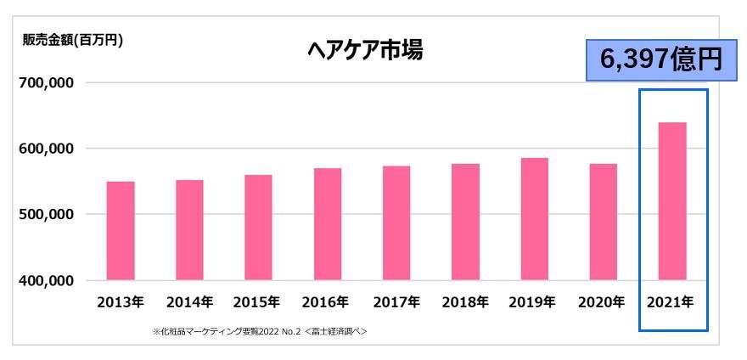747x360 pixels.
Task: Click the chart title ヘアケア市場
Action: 365,53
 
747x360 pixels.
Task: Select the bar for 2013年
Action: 121,230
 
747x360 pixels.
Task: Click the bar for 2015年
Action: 258,227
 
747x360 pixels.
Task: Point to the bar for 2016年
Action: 328,223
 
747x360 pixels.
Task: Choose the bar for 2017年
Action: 396,222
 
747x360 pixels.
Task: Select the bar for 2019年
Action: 535,218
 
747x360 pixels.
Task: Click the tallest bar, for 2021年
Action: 672,200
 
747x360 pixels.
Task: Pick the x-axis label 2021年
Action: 672,301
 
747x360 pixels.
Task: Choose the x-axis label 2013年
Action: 121,301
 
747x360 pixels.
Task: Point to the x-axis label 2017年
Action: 396,301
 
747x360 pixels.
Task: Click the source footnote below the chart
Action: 259,329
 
